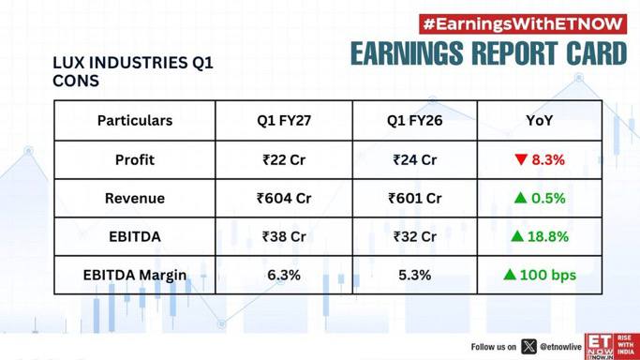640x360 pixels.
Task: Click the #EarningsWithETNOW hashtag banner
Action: coord(523,24)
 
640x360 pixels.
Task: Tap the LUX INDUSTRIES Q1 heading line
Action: coord(133,63)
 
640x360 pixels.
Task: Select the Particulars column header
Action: coord(135,120)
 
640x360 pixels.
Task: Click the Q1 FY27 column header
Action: coord(284,120)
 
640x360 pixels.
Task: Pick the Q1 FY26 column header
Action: coord(415,120)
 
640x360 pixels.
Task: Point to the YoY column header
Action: coord(539,120)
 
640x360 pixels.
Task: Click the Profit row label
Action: coord(135,159)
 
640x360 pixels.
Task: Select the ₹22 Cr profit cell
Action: coord(284,159)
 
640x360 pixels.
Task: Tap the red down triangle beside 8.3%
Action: coord(521,159)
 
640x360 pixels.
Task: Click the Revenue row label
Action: coord(135,198)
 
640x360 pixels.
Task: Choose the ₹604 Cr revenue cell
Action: coord(284,198)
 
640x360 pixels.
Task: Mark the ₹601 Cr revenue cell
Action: coord(415,198)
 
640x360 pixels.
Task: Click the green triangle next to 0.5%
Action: coord(520,198)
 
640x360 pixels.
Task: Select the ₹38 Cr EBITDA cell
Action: coord(284,236)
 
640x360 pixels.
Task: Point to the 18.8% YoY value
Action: coord(548,236)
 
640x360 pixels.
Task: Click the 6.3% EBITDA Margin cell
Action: coord(284,275)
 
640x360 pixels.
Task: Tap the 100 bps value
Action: coord(548,275)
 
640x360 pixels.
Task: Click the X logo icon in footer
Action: coord(529,347)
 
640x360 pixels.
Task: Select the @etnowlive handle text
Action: coord(560,347)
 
